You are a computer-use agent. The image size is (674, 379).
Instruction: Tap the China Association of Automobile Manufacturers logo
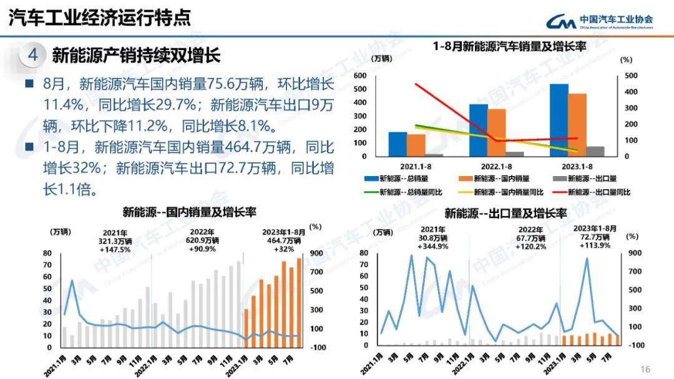click(x=598, y=21)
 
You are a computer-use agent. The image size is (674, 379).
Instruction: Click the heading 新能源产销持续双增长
click(x=136, y=56)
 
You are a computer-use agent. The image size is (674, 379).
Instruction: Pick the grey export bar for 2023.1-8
click(x=595, y=151)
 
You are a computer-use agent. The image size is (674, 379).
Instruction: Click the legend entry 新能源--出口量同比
click(x=597, y=192)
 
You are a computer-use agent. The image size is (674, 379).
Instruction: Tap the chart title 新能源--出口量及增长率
click(x=506, y=214)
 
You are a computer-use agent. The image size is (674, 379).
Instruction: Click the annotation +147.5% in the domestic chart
click(x=115, y=250)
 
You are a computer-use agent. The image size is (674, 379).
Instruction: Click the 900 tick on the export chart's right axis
click(x=634, y=253)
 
